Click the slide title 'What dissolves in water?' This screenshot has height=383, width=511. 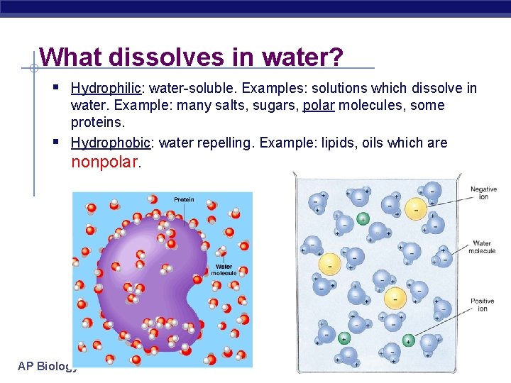tap(192, 57)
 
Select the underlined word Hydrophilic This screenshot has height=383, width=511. tap(106, 88)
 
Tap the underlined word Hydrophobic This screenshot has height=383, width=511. tap(111, 143)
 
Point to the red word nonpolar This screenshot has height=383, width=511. tap(106, 162)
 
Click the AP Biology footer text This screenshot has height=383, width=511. tap(47, 366)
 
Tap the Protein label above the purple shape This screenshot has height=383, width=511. tap(184, 200)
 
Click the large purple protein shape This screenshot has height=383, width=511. tap(142, 277)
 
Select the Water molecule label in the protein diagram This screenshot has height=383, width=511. tap(224, 270)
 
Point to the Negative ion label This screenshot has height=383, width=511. tap(483, 193)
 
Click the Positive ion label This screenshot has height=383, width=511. tap(482, 305)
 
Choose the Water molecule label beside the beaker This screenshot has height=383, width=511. tap(483, 248)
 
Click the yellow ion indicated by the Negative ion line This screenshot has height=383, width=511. tap(416, 208)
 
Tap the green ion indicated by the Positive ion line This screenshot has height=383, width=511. tap(408, 340)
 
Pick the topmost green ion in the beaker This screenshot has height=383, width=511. tap(363, 218)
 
